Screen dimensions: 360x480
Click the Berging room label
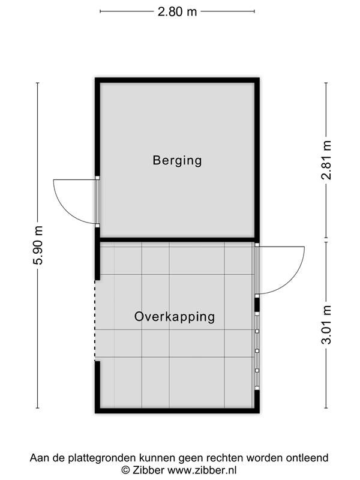(177, 160)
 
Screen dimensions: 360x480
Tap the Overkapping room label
(175, 317)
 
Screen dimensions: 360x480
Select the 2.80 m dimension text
(177, 11)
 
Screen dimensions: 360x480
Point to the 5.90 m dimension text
(39, 245)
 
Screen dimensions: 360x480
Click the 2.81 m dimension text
(326, 160)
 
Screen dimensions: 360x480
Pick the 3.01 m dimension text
(326, 325)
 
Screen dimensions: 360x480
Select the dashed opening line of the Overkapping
(95, 320)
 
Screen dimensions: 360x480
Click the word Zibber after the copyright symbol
(148, 470)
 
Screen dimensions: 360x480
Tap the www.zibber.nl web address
(202, 470)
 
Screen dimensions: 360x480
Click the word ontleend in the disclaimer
(307, 458)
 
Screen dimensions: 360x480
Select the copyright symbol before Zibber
(125, 470)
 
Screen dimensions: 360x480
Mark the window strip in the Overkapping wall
(257, 351)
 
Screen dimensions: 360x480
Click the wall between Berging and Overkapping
(177, 239)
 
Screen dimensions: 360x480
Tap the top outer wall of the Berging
(177, 80)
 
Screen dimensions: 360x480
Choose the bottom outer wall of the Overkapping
(177, 410)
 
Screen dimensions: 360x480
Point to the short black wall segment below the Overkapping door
(257, 305)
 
